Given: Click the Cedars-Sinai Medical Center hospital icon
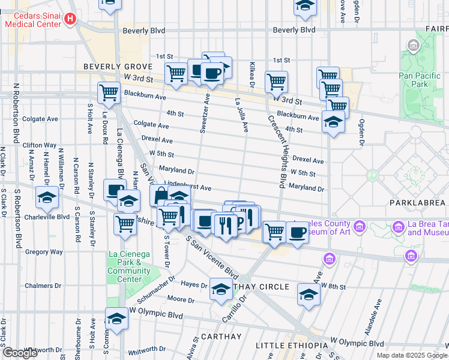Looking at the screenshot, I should coord(70,20).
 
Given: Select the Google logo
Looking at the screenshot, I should coord(20,353).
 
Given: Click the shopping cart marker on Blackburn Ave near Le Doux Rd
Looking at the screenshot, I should coord(109,93).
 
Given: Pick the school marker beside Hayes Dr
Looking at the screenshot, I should coord(221,289).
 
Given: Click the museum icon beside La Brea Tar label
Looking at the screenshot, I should coord(397,227).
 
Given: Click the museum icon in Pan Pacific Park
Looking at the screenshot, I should coord(414,46).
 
